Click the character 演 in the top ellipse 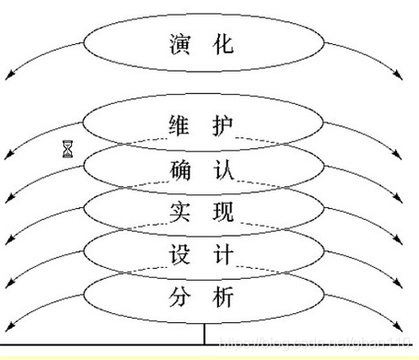(181, 42)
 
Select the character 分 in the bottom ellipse (181, 298)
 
